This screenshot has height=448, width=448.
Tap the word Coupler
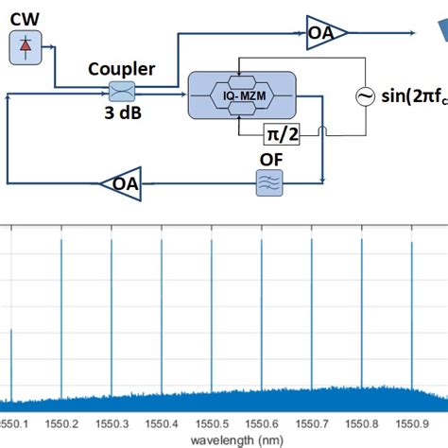pos(121,69)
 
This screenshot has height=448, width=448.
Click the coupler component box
pos(122,92)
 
